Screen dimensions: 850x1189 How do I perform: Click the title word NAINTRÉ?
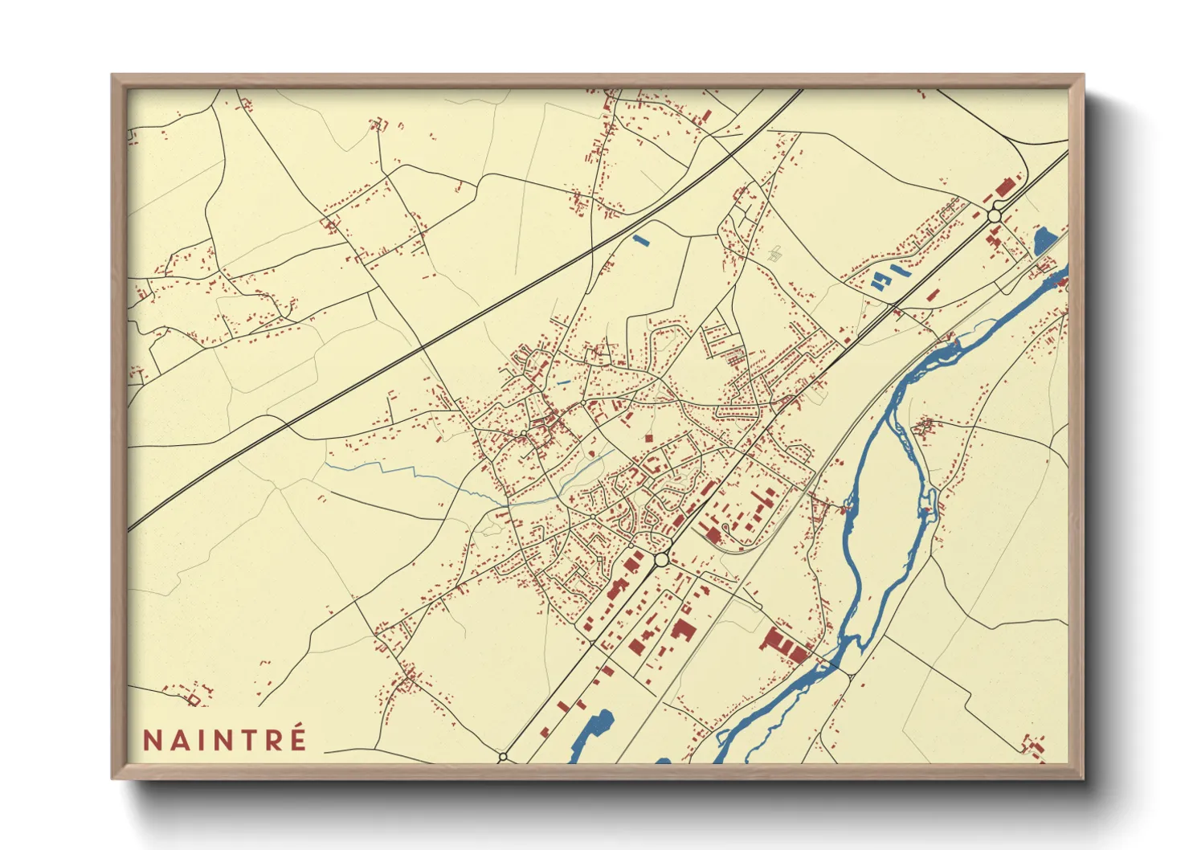(225, 739)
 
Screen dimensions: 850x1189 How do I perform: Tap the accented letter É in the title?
(297, 738)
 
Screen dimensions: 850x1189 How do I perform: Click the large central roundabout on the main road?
(661, 558)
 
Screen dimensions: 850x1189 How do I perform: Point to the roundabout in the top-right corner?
(995, 215)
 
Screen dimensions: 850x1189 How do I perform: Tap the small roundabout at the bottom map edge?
(504, 757)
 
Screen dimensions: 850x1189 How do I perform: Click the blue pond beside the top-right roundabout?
(1044, 239)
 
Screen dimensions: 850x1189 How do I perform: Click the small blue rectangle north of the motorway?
(640, 239)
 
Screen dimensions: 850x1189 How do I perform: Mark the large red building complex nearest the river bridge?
(783, 644)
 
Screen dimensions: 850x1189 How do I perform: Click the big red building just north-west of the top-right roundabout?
(1003, 189)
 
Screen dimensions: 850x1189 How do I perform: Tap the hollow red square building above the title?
(193, 700)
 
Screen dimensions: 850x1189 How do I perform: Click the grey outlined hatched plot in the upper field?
(775, 255)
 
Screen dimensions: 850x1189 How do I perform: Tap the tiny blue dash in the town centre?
(562, 382)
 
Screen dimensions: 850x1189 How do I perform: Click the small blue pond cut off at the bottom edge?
(663, 760)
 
